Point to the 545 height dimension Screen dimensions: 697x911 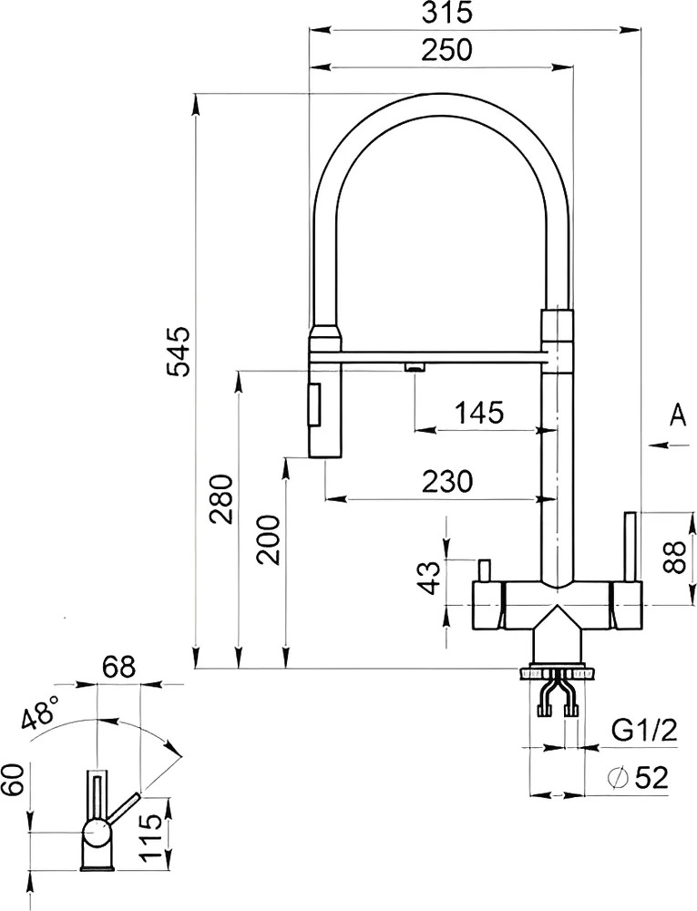(x=177, y=352)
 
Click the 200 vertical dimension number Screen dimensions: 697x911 (x=269, y=539)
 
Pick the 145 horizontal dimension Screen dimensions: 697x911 (x=479, y=413)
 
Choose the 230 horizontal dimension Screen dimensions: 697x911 (x=447, y=481)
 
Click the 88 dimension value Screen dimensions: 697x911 (x=675, y=557)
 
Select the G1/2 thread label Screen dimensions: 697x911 (x=645, y=731)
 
